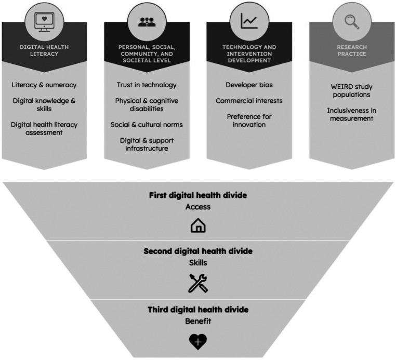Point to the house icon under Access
(197, 225)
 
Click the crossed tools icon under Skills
(197, 283)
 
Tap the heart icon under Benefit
(197, 341)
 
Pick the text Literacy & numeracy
(44, 85)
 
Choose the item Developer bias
(248, 85)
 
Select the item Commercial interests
(248, 100)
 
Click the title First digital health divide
(197, 195)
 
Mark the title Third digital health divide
(197, 310)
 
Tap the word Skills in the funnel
(197, 262)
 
